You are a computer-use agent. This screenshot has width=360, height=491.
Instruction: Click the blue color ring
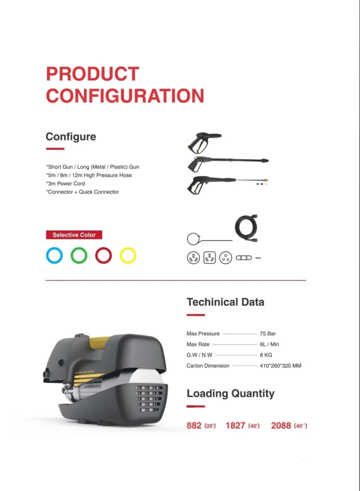[x=54, y=255]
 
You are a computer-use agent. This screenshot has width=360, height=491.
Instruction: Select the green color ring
[x=79, y=255]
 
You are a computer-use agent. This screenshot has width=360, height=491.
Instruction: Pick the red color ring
[x=104, y=255]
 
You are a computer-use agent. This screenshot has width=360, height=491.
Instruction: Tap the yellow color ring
[x=128, y=255]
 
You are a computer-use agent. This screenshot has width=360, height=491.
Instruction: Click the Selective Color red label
[x=74, y=235]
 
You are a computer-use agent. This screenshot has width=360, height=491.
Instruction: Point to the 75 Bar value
[x=268, y=334]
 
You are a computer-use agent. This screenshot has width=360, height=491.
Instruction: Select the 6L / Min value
[x=269, y=344]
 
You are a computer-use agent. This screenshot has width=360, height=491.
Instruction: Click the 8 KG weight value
[x=267, y=355]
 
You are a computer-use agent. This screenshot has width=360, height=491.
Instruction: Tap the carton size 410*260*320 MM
[x=280, y=366]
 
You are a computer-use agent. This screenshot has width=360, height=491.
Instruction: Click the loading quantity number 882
[x=194, y=425]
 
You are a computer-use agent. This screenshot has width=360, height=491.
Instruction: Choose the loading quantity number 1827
[x=235, y=425]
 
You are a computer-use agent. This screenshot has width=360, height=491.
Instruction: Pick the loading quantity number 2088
[x=281, y=425]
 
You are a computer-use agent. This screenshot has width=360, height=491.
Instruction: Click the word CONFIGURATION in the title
[x=125, y=95]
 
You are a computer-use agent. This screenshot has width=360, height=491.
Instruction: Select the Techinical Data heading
[x=225, y=302]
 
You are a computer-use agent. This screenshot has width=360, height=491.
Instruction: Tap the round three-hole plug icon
[x=226, y=257]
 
